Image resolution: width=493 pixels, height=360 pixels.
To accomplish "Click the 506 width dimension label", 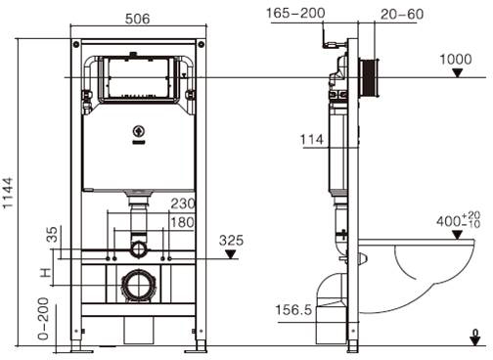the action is click(138, 19).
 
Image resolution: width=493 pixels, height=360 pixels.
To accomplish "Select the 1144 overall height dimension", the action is click(8, 193).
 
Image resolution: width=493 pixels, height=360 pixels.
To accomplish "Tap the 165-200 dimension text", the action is click(295, 13).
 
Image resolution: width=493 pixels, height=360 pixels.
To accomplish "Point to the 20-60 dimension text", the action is click(402, 14).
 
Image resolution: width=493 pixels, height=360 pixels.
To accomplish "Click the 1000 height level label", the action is click(456, 60).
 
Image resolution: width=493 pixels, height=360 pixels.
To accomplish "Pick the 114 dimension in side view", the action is click(312, 140).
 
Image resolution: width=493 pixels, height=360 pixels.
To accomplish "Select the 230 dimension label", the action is click(183, 203).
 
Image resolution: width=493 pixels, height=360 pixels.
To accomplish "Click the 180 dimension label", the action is click(183, 222).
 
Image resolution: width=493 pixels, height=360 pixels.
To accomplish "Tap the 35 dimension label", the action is click(52, 235).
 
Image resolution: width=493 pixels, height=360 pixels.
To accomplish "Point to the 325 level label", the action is click(231, 241).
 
